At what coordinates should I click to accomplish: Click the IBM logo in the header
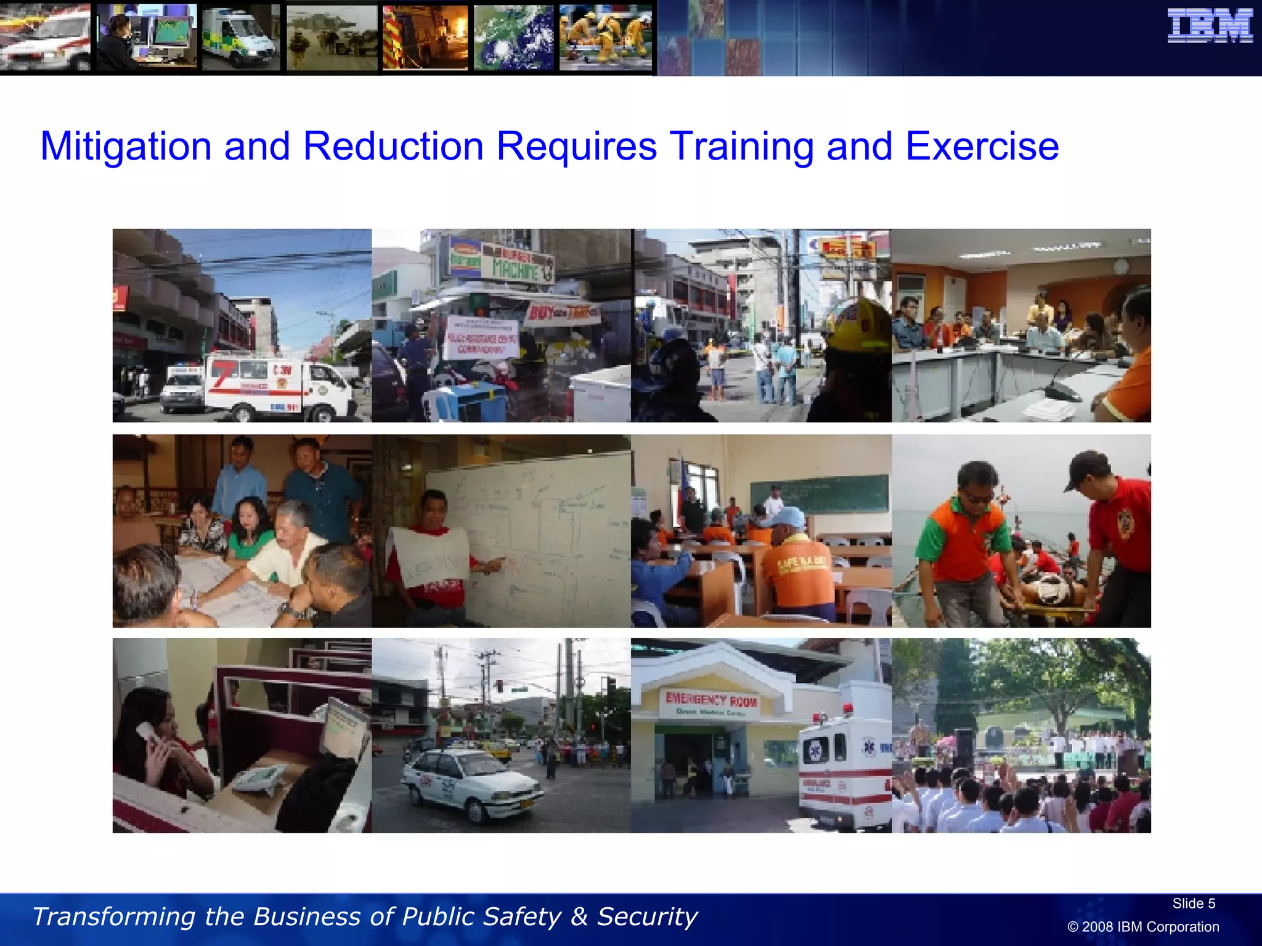point(1210,26)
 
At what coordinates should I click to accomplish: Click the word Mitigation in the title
point(126,147)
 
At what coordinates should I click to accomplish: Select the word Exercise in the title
point(982,147)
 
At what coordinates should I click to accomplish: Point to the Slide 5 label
point(1193,904)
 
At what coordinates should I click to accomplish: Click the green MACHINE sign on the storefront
point(515,269)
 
